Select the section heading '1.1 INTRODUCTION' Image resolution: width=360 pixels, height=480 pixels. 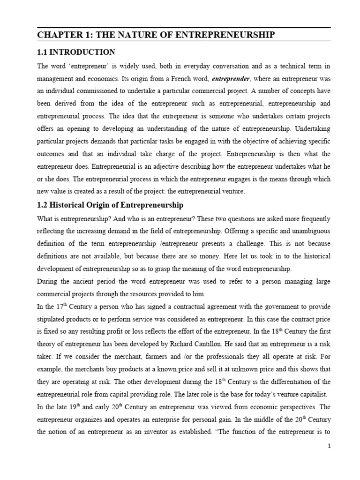(x=76, y=52)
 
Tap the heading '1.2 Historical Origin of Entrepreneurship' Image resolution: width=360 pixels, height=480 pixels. (x=110, y=205)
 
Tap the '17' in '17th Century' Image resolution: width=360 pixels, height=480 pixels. (x=55, y=307)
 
